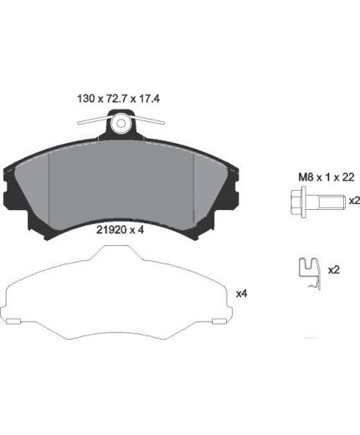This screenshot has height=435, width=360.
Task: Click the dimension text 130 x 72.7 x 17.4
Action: pos(118,99)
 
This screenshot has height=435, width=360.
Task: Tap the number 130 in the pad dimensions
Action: pos(85,99)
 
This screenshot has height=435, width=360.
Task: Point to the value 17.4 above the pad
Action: pos(149,99)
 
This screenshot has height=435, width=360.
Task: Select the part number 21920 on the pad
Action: pos(110,230)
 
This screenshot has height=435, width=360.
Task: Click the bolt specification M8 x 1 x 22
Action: pos(327,177)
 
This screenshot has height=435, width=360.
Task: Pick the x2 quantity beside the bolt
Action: pos(354,201)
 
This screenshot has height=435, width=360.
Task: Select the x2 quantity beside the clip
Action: pos(333,270)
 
